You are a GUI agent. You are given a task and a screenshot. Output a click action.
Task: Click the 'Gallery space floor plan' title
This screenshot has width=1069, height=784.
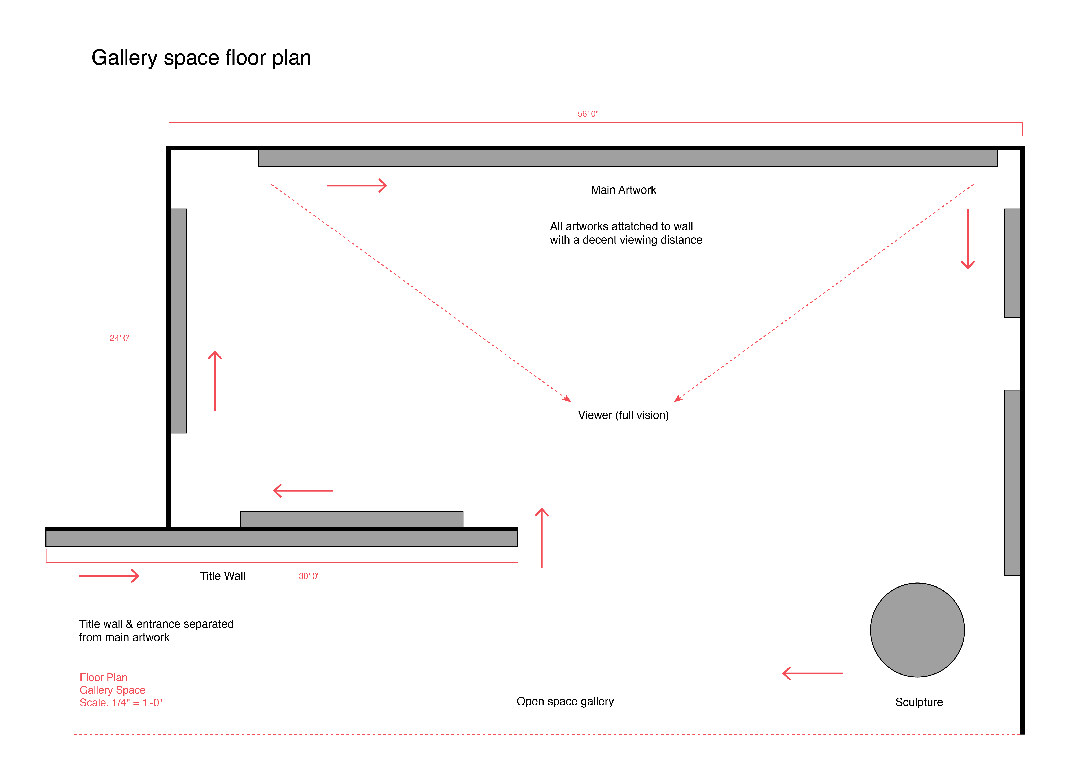pos(201,58)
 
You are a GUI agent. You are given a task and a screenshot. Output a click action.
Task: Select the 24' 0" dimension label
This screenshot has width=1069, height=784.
pos(120,338)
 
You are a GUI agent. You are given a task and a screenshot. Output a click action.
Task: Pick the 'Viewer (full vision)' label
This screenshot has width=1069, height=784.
pos(623,415)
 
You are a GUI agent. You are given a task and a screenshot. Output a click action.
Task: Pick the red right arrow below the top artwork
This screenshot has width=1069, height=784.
pos(357,186)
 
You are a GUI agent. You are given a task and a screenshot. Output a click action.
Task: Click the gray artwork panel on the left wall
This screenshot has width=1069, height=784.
pos(178,321)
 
